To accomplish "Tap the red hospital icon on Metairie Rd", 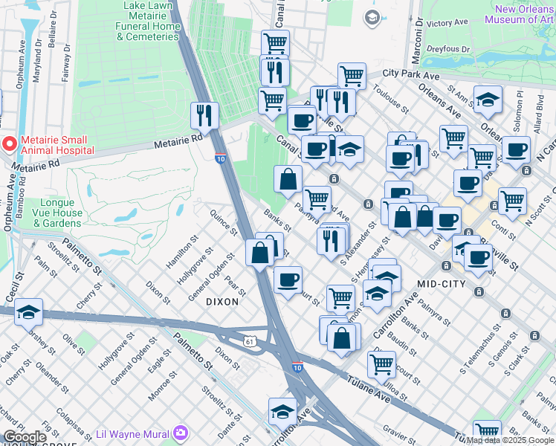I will (x=9, y=143).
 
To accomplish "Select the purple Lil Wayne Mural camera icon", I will (x=181, y=433).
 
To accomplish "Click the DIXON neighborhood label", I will (x=222, y=302).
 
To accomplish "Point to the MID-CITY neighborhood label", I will (x=441, y=284).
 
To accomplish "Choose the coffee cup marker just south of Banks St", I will (x=288, y=279).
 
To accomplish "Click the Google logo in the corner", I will (x=25, y=437).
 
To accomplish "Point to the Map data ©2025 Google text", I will (x=510, y=440).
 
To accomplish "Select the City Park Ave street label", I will (x=411, y=74).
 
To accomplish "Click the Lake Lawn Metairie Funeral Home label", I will (x=152, y=21).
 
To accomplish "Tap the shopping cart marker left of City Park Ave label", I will (x=352, y=75).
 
